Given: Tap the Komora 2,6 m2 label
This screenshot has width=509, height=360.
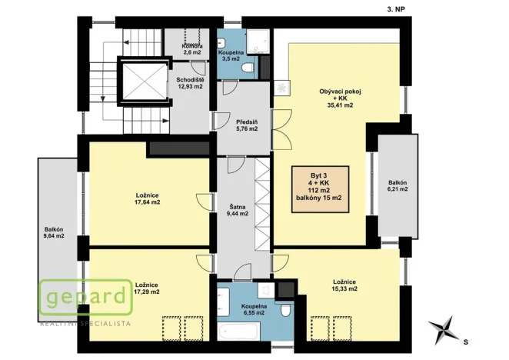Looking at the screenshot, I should tap(192, 48).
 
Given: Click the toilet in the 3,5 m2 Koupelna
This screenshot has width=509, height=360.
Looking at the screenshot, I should tap(247, 69).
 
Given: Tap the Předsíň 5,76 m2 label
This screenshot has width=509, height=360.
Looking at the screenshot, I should tap(247, 124).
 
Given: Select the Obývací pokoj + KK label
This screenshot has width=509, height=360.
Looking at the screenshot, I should tap(340, 98).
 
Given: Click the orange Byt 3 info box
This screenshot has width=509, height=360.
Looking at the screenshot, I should tap(319, 188).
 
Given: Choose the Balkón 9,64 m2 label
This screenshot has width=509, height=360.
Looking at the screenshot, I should tap(55, 232).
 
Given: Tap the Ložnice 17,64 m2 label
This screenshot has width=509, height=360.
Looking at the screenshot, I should tap(147, 199).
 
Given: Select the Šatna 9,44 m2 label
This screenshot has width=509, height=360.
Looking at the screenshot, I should tap(238, 210).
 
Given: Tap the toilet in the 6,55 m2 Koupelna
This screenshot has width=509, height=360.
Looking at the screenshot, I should tap(284, 309).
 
